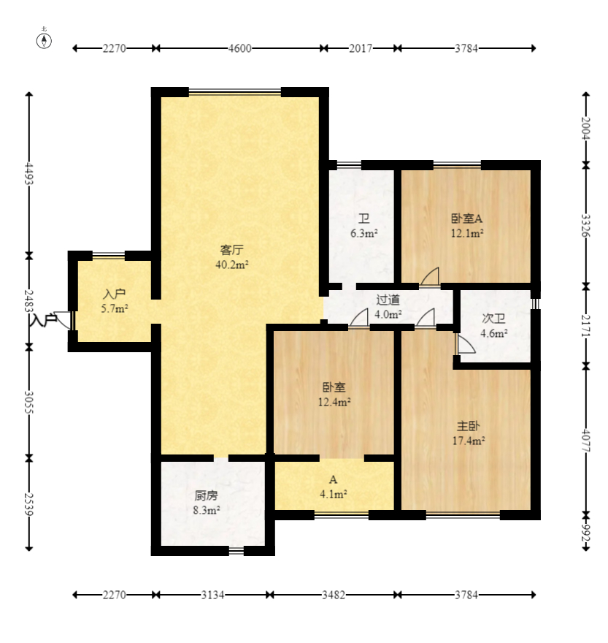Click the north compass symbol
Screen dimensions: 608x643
tap(44, 40)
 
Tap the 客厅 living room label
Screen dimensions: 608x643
tap(232, 249)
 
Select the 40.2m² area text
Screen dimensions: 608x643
tap(232, 265)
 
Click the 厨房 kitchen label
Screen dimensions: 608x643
tap(206, 495)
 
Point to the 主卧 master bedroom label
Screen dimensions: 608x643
tap(469, 426)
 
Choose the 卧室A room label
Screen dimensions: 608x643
tap(466, 218)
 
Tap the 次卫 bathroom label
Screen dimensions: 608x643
tap(493, 319)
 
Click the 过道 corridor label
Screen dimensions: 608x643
tap(388, 300)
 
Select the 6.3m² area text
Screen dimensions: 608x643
tap(363, 233)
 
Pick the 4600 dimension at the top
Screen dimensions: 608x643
tap(239, 48)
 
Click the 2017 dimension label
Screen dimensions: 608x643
tap(361, 48)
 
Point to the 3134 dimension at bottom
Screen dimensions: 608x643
tap(212, 595)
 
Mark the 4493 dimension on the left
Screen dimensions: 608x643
tap(28, 174)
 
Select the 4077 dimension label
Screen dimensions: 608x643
tap(586, 441)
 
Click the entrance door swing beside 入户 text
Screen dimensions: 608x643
tap(64, 320)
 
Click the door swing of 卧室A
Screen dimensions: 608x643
tap(430, 276)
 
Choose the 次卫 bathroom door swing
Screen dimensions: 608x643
tap(465, 343)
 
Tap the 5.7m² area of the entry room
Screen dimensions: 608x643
tap(115, 308)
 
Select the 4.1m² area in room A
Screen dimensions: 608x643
tap(334, 494)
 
